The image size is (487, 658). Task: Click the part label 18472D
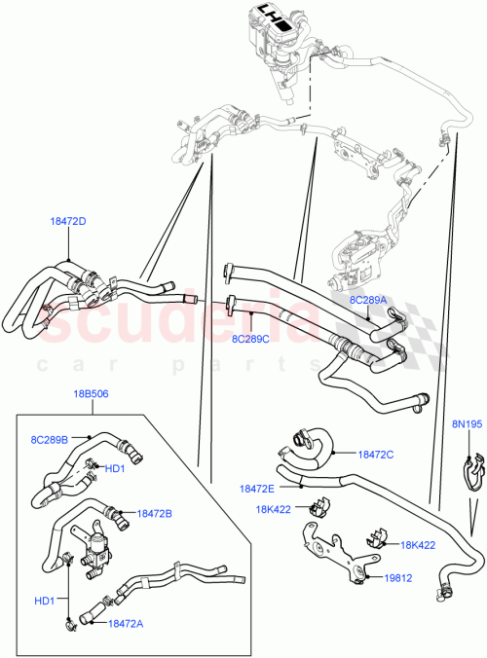(66, 221)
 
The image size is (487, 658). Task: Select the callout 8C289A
(368, 301)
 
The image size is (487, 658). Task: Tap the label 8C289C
(251, 339)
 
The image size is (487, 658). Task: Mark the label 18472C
(376, 454)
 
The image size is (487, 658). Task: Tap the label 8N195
(466, 424)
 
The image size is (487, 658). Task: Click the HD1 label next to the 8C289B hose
(114, 469)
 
